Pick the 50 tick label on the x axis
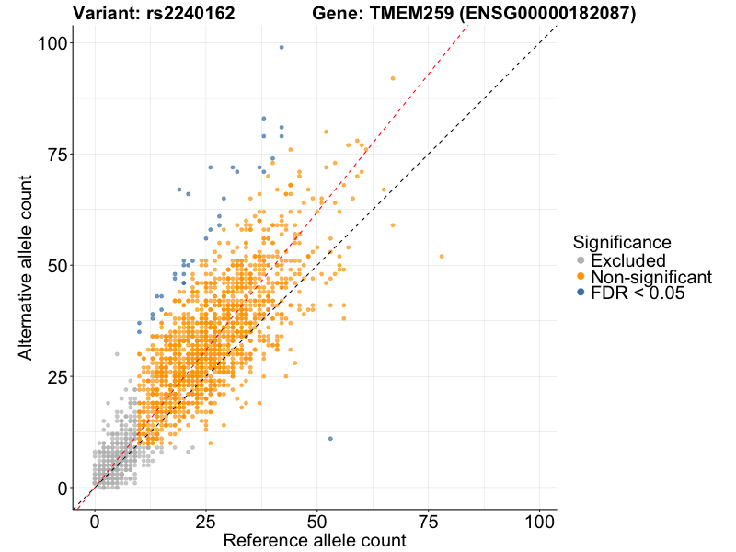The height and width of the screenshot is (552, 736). [317, 520]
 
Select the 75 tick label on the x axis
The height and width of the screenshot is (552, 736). [429, 520]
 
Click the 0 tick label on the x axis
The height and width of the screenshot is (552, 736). [95, 520]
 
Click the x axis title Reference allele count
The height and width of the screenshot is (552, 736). [315, 541]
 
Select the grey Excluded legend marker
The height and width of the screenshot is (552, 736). [581, 261]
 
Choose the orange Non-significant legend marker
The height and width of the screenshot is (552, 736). [581, 277]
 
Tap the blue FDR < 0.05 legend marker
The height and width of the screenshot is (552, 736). [581, 293]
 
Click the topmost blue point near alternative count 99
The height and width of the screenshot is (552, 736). [282, 47]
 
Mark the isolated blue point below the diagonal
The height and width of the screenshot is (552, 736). [330, 438]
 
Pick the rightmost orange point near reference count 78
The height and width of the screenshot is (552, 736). [442, 256]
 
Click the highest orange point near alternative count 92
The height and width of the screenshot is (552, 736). [393, 78]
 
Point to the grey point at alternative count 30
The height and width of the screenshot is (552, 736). [117, 353]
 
